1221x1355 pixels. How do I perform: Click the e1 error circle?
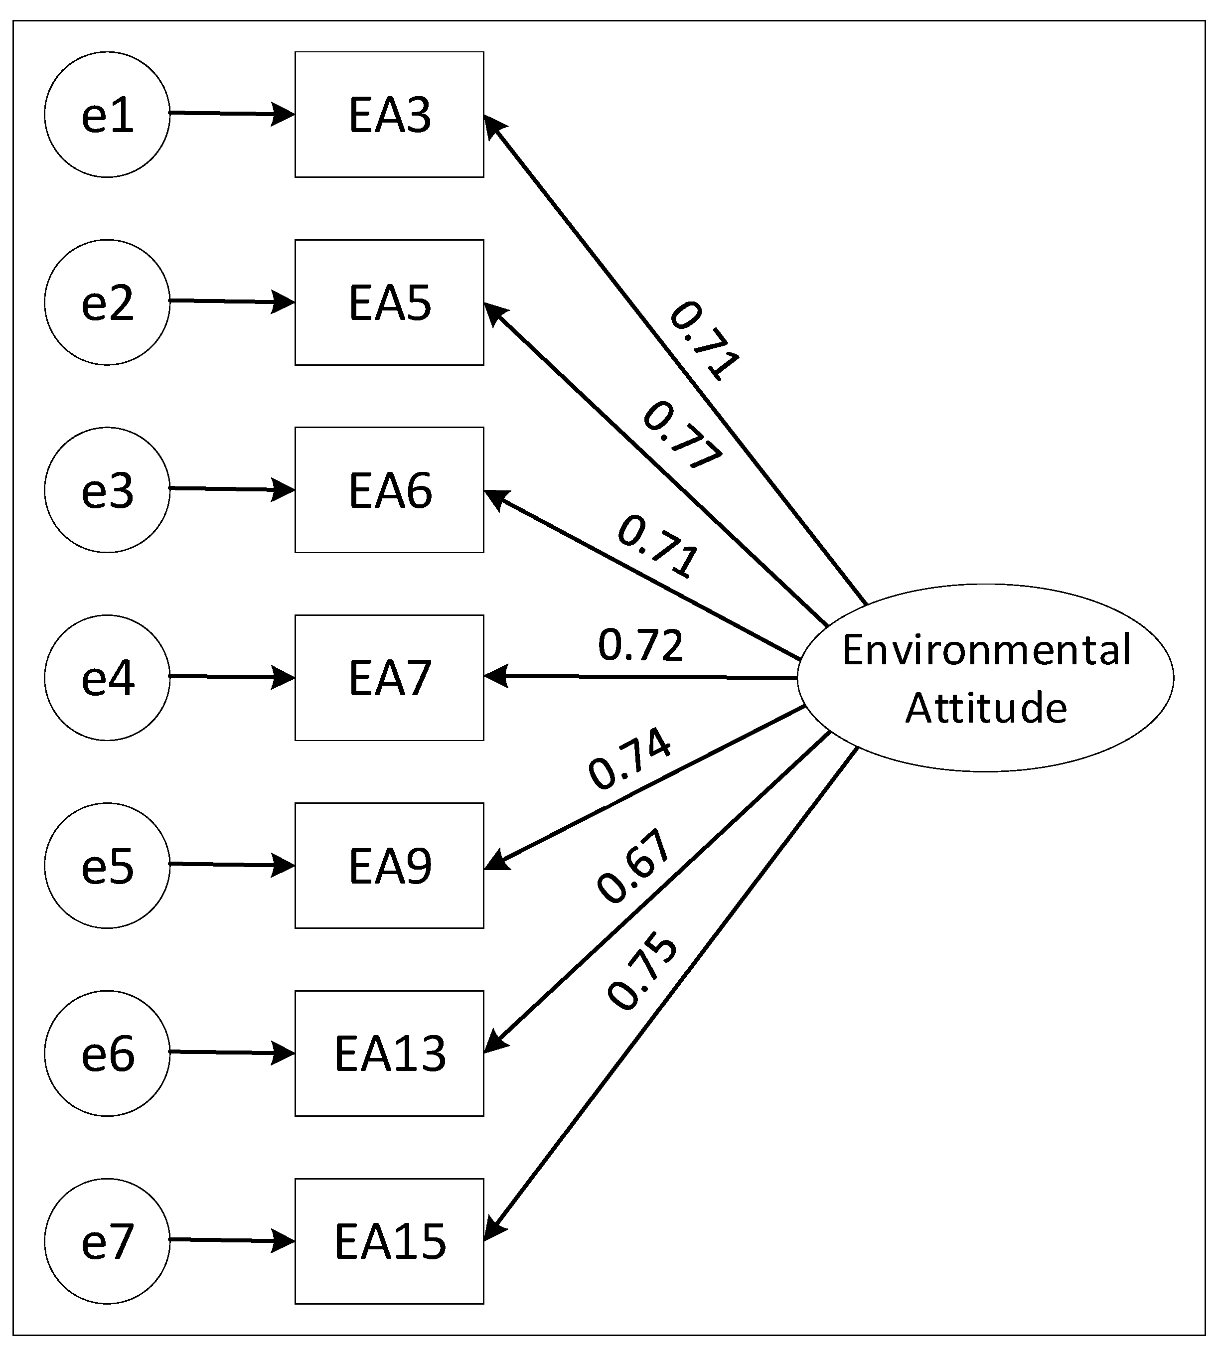107,115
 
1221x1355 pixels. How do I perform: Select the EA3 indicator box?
389,115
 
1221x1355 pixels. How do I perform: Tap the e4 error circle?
107,678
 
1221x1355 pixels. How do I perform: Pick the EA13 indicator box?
389,1053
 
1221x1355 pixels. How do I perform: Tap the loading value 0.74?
629,758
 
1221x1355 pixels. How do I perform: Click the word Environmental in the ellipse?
986,649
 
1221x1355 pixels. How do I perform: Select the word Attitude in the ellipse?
986,708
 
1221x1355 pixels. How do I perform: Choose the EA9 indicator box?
389,865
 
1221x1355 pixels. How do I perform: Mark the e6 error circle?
107,1053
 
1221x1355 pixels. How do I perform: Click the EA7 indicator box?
389,678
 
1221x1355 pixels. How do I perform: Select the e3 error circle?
107,490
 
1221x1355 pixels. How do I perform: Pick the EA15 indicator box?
389,1241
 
